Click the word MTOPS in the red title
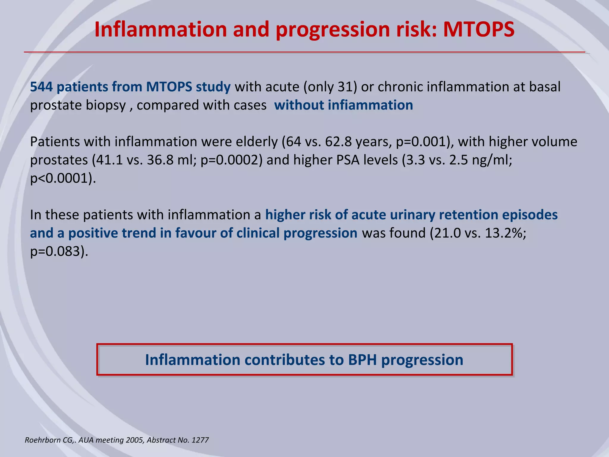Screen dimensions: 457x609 [x=479, y=30]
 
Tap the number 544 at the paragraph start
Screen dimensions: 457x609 [x=41, y=87]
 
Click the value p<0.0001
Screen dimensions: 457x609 [x=61, y=179]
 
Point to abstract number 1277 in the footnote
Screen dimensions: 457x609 [x=200, y=440]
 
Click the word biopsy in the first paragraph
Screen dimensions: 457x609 [x=108, y=105]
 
